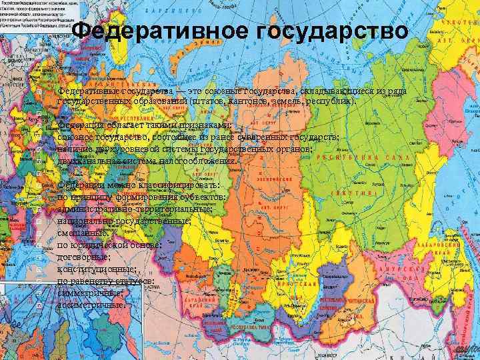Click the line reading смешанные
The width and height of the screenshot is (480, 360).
point(83,233)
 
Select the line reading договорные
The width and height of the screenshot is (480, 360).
point(84,257)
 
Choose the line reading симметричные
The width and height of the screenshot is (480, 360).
point(91,293)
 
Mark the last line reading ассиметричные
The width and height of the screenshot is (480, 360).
point(92,305)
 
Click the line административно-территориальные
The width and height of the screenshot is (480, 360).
point(135,209)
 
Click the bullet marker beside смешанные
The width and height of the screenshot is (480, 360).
point(41,233)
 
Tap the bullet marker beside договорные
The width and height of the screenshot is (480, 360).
point(41,257)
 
